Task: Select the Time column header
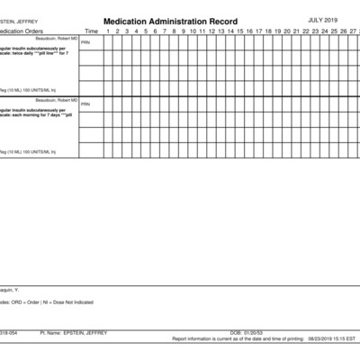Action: (x=91, y=31)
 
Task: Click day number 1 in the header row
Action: (x=108, y=31)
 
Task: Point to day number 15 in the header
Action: (x=239, y=31)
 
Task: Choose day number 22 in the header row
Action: (x=306, y=31)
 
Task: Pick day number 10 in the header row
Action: (x=192, y=31)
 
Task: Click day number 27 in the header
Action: (x=353, y=31)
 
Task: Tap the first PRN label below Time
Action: (x=85, y=42)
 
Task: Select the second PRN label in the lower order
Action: (x=85, y=104)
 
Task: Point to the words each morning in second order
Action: (x=33, y=114)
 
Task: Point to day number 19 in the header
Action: (x=277, y=31)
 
